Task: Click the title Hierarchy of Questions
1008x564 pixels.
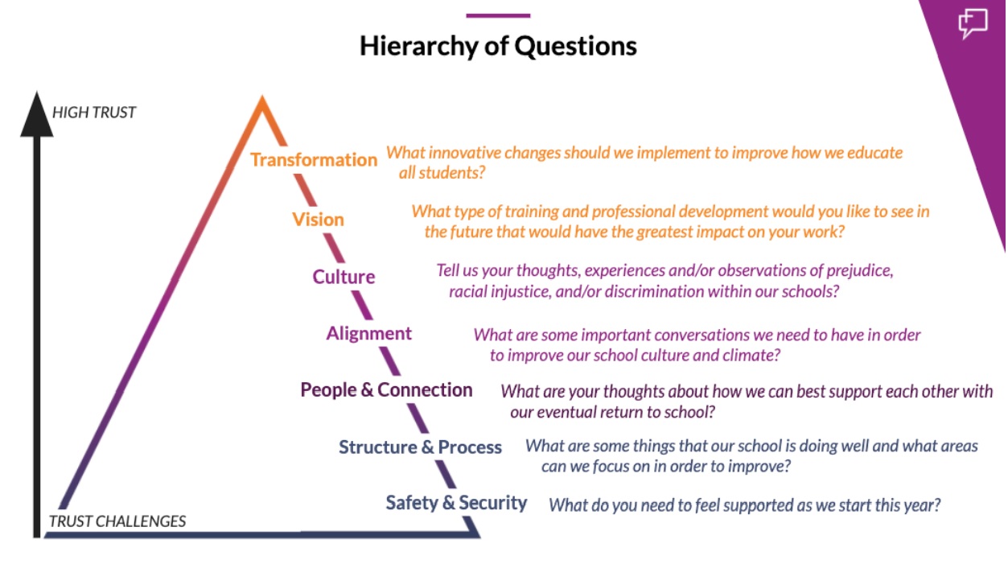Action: coord(498,47)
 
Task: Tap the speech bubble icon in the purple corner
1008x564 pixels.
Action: coord(973,23)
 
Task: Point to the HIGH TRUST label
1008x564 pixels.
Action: coord(94,112)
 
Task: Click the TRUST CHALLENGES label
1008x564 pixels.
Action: coord(117,521)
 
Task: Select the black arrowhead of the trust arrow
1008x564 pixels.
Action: coord(37,114)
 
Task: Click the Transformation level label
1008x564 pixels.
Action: coord(314,160)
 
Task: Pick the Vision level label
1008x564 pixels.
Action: coord(318,220)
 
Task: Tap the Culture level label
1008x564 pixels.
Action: coord(344,277)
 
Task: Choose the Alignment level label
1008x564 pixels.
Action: coord(369,334)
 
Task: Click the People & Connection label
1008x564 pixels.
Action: coord(387,389)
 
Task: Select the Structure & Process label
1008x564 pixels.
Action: coord(420,447)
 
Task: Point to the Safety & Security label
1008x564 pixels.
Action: coord(456,503)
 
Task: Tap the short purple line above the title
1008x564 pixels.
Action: coord(498,16)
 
